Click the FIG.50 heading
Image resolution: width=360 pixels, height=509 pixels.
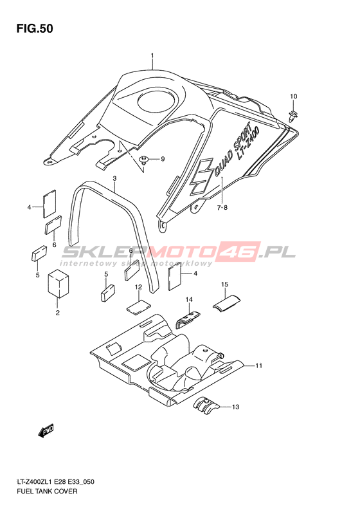point(35,28)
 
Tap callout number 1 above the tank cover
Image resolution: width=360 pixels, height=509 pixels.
point(152,56)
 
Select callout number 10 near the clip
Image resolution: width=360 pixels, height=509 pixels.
point(294,96)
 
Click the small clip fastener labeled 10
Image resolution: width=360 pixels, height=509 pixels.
point(293,116)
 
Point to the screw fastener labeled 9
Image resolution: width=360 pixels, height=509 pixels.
point(143,160)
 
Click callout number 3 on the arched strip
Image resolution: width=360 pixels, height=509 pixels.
point(114,178)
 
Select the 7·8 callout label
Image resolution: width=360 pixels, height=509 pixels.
point(222,207)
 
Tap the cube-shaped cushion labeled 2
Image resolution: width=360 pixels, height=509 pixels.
point(59,283)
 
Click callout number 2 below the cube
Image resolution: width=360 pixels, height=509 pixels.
point(57,313)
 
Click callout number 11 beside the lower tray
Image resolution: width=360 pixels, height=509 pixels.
point(258,366)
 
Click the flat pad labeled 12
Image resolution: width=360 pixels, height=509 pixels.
point(138,307)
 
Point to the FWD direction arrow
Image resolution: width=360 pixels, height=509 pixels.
point(46,430)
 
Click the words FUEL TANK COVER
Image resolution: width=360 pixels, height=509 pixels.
point(47,491)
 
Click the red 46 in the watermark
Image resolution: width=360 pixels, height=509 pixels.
point(239,252)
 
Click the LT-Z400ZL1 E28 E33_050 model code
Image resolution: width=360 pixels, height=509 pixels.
point(55,482)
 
